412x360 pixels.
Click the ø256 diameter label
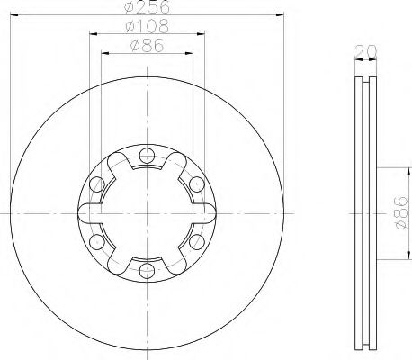tap(147, 6)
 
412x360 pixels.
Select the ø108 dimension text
tap(148, 26)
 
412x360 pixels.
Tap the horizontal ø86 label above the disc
tap(148, 46)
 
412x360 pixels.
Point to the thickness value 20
tap(365, 51)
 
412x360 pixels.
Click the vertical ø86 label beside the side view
tap(402, 213)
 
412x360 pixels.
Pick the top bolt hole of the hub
tap(147, 156)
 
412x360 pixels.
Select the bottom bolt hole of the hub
tap(147, 271)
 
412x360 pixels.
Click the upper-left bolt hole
tap(97, 184)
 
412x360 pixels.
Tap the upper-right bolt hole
tap(197, 184)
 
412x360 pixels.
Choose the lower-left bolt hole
tap(97, 242)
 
